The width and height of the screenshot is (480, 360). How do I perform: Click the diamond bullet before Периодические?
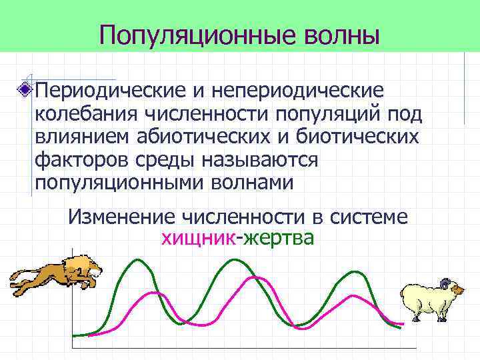click(x=26, y=89)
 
